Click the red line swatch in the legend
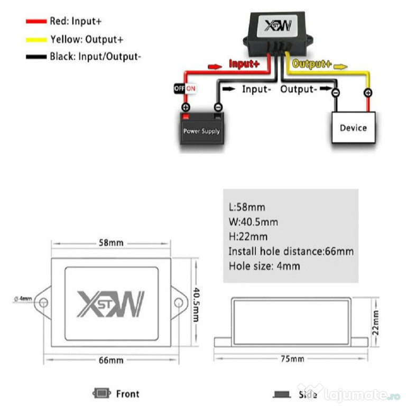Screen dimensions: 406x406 (36, 21)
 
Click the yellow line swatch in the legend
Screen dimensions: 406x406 (36, 40)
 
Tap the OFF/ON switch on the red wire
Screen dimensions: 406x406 (185, 89)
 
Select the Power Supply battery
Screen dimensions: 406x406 (202, 128)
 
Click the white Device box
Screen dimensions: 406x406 (354, 127)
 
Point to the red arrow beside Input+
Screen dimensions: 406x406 (215, 67)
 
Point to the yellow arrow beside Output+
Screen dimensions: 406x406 (340, 67)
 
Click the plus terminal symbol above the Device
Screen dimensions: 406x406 (368, 93)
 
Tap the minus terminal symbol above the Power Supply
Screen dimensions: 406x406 (218, 107)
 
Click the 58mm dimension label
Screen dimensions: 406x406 (111, 243)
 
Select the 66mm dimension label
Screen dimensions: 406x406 (111, 360)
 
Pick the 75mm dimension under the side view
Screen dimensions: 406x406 (292, 359)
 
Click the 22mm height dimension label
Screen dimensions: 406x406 (375, 322)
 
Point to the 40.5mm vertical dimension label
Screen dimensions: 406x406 (196, 304)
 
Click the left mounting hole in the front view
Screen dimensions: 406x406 (43, 302)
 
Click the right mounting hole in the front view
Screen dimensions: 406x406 (179, 302)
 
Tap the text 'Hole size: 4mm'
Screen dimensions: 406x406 (264, 266)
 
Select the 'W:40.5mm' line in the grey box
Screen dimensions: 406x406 (253, 222)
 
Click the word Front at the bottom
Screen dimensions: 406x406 (127, 394)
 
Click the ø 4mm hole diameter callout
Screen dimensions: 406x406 (23, 299)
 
